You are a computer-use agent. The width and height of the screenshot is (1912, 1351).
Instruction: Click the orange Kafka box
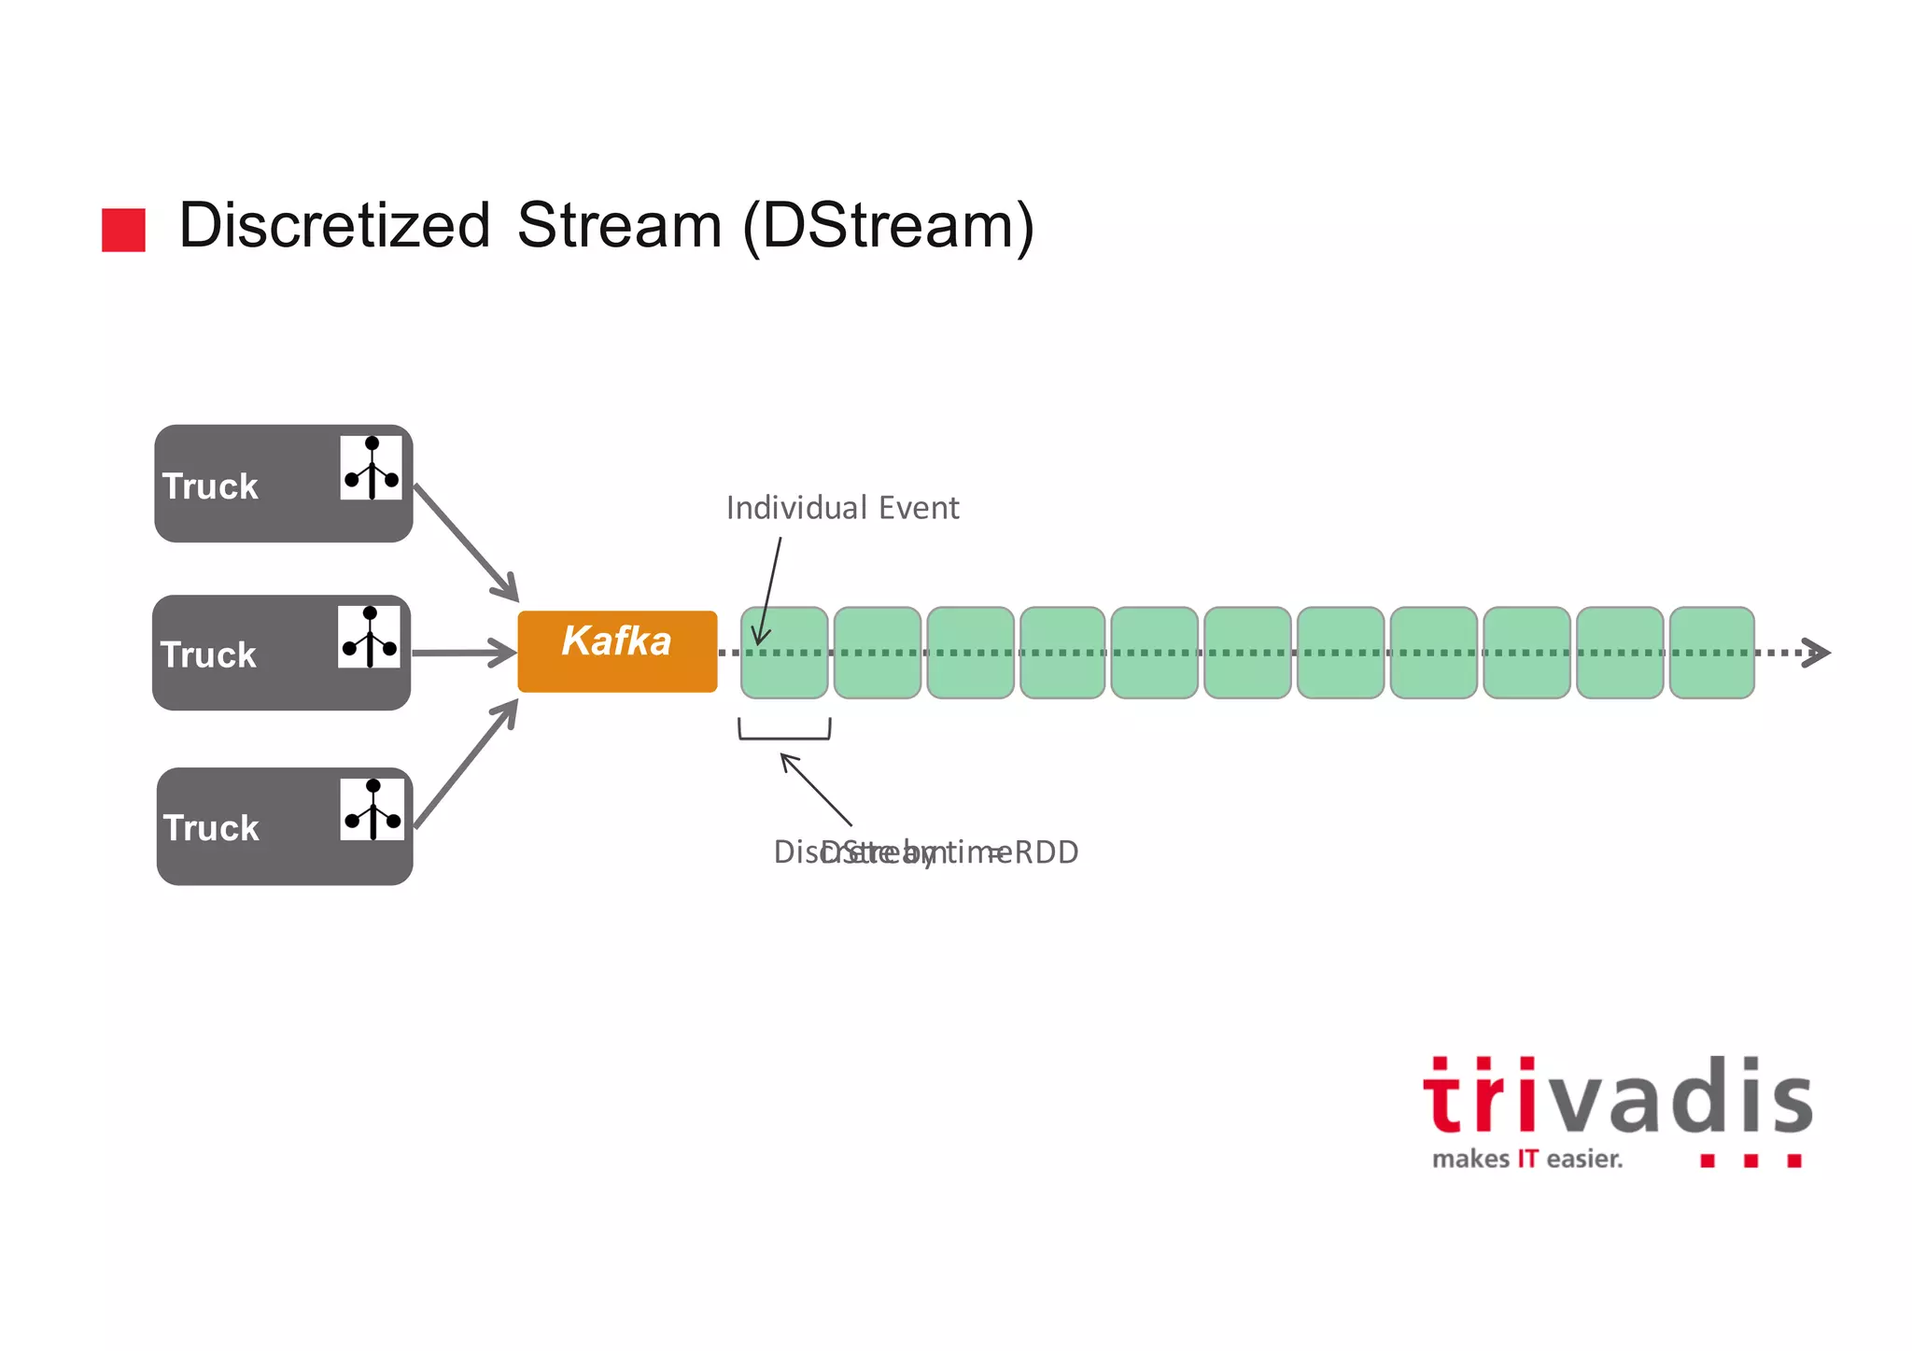pos(617,651)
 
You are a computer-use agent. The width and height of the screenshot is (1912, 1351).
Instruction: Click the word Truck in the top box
pos(210,486)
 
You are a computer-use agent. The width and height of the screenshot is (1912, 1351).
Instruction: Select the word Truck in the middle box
pos(208,655)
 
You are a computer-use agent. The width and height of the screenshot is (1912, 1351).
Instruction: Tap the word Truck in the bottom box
pos(211,828)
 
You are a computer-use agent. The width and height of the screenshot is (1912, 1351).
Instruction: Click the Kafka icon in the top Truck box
pos(372,468)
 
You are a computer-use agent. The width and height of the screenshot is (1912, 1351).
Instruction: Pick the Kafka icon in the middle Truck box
pos(370,637)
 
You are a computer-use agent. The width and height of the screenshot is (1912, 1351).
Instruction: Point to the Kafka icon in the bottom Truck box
pos(373,809)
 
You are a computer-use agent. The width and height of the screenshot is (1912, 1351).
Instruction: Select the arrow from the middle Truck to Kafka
pos(464,653)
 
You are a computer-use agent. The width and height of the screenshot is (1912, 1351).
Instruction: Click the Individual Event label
pos(842,508)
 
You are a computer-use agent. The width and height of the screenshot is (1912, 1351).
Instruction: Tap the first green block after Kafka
pos(784,653)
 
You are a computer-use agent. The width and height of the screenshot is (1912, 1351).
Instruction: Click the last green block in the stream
pos(1711,653)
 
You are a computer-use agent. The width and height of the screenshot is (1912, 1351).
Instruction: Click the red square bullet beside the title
pos(123,230)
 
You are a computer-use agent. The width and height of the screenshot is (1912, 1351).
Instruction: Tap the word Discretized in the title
pos(334,226)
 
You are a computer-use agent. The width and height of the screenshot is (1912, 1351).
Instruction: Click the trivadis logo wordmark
pos(1617,1097)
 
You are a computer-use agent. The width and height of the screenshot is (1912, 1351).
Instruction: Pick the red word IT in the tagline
pos(1527,1160)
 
